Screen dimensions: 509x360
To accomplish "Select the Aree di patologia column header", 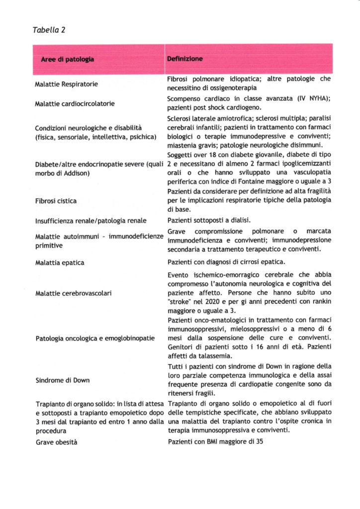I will (x=68, y=60).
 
